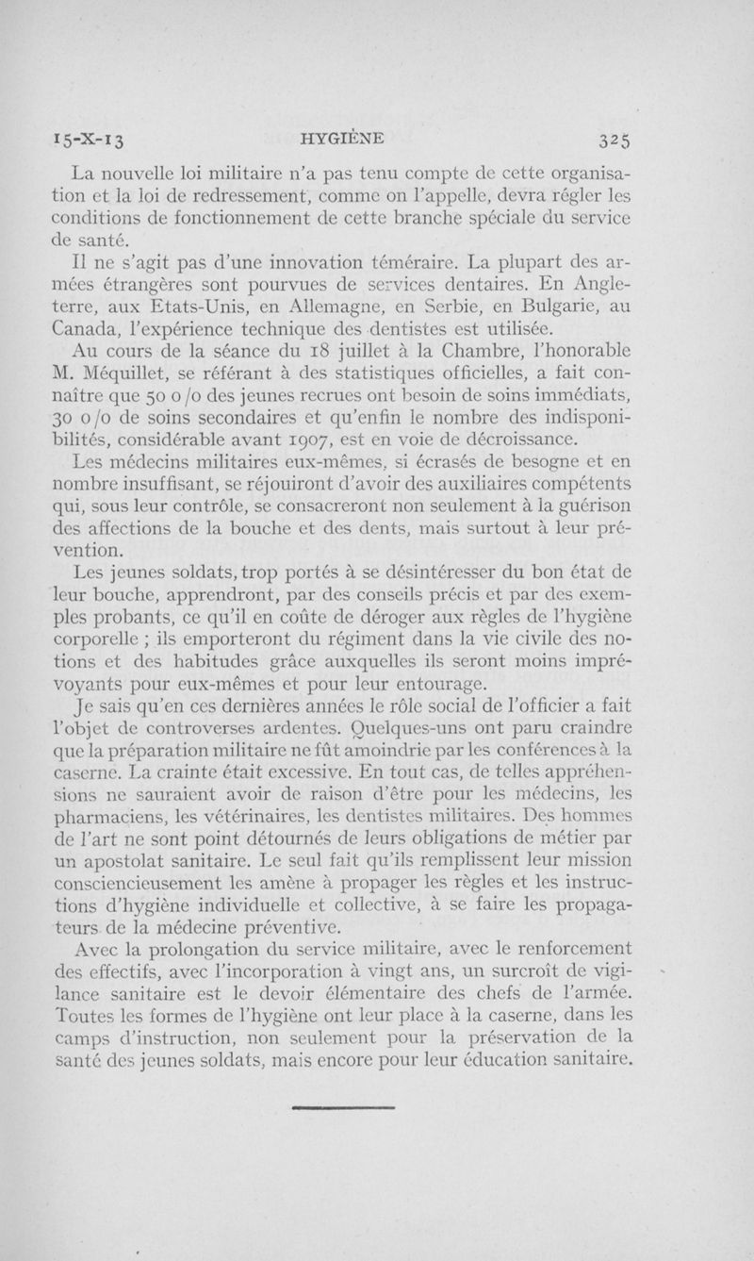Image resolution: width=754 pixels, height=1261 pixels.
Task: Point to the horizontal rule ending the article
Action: [x=342, y=1109]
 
